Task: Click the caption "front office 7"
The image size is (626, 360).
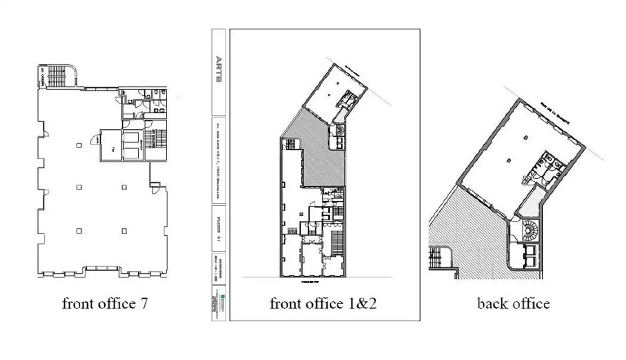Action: (105, 303)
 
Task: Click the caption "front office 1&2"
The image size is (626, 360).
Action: (323, 303)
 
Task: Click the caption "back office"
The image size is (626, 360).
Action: (513, 303)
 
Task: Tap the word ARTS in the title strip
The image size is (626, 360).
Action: (219, 69)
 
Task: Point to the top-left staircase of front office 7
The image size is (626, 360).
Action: (57, 76)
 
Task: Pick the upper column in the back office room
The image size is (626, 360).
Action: (526, 137)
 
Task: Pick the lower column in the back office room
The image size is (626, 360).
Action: (509, 160)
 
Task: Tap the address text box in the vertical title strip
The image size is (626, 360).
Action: (219, 160)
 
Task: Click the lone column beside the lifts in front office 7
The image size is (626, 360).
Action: (79, 145)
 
